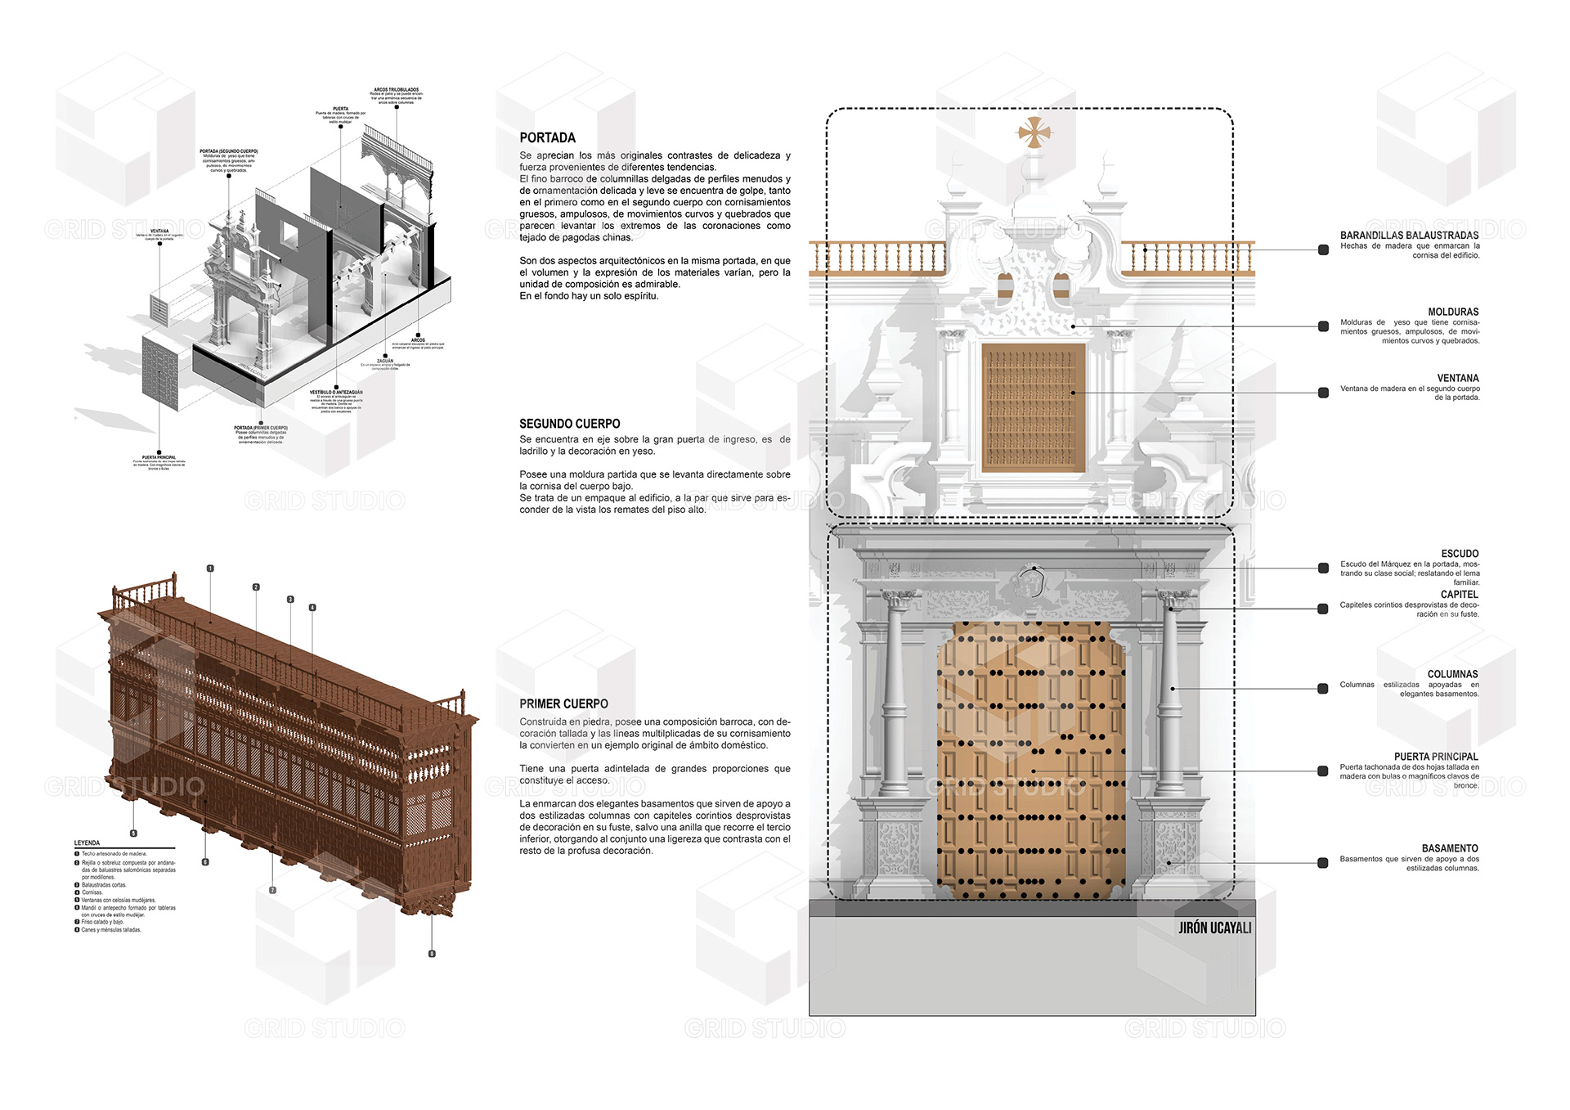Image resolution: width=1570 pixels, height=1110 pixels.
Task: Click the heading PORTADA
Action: (547, 137)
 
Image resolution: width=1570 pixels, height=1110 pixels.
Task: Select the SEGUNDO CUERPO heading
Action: (569, 424)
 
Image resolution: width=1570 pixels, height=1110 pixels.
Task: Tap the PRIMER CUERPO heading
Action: (563, 703)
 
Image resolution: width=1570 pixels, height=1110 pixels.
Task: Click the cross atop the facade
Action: (1034, 132)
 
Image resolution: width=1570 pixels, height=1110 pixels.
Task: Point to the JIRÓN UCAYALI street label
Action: (1214, 928)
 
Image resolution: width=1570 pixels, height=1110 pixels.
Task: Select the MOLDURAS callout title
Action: (1453, 312)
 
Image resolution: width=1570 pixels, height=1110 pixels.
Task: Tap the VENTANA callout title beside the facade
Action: (1458, 378)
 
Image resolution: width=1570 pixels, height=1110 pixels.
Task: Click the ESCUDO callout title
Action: (1460, 554)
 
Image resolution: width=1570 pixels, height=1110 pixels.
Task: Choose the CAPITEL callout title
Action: (1459, 595)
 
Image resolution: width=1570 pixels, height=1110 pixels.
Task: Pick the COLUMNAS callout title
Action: (1452, 674)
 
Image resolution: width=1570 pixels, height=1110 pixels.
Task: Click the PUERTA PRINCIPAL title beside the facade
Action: (1436, 757)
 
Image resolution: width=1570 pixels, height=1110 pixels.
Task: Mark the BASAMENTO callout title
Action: (1450, 848)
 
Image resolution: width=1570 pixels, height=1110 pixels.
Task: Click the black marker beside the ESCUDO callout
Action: (1323, 568)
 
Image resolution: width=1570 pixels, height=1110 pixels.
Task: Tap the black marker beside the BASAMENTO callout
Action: (1323, 863)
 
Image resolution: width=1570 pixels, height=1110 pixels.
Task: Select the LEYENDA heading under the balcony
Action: (87, 843)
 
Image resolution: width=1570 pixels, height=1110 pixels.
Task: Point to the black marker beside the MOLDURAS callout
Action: (1323, 326)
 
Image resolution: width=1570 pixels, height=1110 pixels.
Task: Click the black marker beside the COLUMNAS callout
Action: (1323, 689)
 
